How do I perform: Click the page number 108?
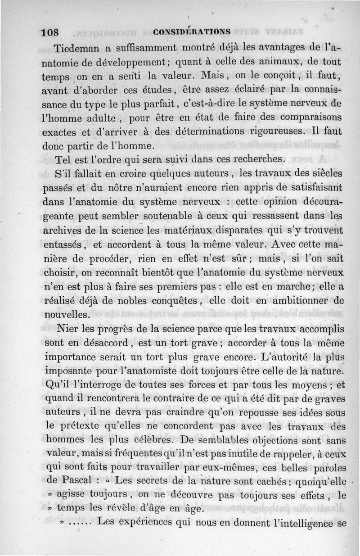point(50,32)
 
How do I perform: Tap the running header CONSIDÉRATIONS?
point(192,32)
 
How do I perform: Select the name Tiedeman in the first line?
point(77,48)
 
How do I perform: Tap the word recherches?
point(255,159)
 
